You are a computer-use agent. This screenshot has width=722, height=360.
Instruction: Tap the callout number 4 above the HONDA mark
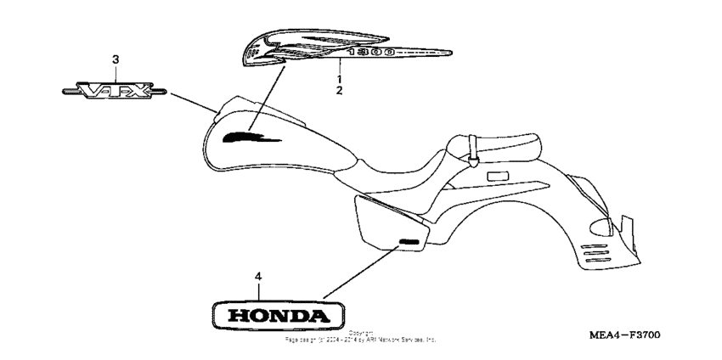coord(258,277)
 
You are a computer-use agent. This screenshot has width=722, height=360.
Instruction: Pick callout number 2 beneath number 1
coord(339,89)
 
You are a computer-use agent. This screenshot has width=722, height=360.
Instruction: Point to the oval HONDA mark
coord(275,316)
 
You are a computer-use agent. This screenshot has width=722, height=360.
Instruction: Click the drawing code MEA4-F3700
coord(623,336)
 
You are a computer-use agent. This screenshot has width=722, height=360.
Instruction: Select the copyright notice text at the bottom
coord(361,336)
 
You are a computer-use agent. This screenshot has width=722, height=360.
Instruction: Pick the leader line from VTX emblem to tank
coord(192,104)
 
